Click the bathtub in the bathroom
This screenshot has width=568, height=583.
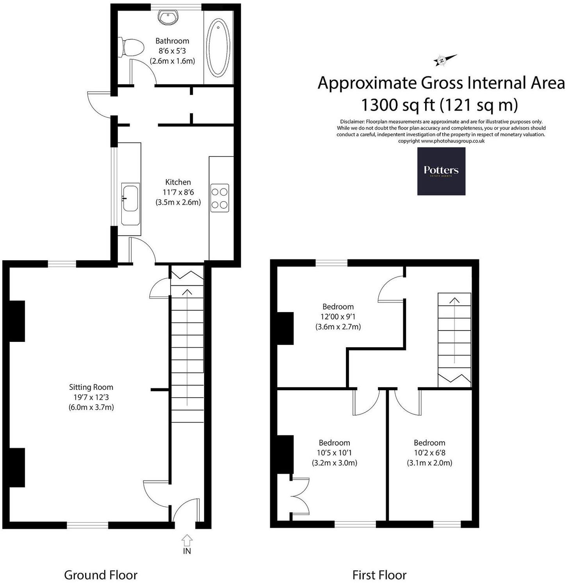click(219, 48)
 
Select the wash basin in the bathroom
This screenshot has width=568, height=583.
click(169, 17)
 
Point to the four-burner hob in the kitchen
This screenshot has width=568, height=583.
click(220, 198)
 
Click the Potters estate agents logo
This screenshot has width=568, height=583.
click(441, 171)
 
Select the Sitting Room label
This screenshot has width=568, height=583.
click(91, 387)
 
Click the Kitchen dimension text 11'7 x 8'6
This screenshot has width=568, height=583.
click(178, 192)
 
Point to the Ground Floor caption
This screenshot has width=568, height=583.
click(101, 575)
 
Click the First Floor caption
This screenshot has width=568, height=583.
click(379, 575)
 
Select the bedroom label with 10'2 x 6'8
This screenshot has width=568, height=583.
click(429, 443)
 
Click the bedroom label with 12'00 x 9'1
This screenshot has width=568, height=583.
click(338, 307)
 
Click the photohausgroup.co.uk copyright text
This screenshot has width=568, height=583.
click(441, 141)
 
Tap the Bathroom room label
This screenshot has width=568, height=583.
click(172, 41)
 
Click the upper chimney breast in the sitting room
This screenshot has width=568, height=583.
click(17, 321)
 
